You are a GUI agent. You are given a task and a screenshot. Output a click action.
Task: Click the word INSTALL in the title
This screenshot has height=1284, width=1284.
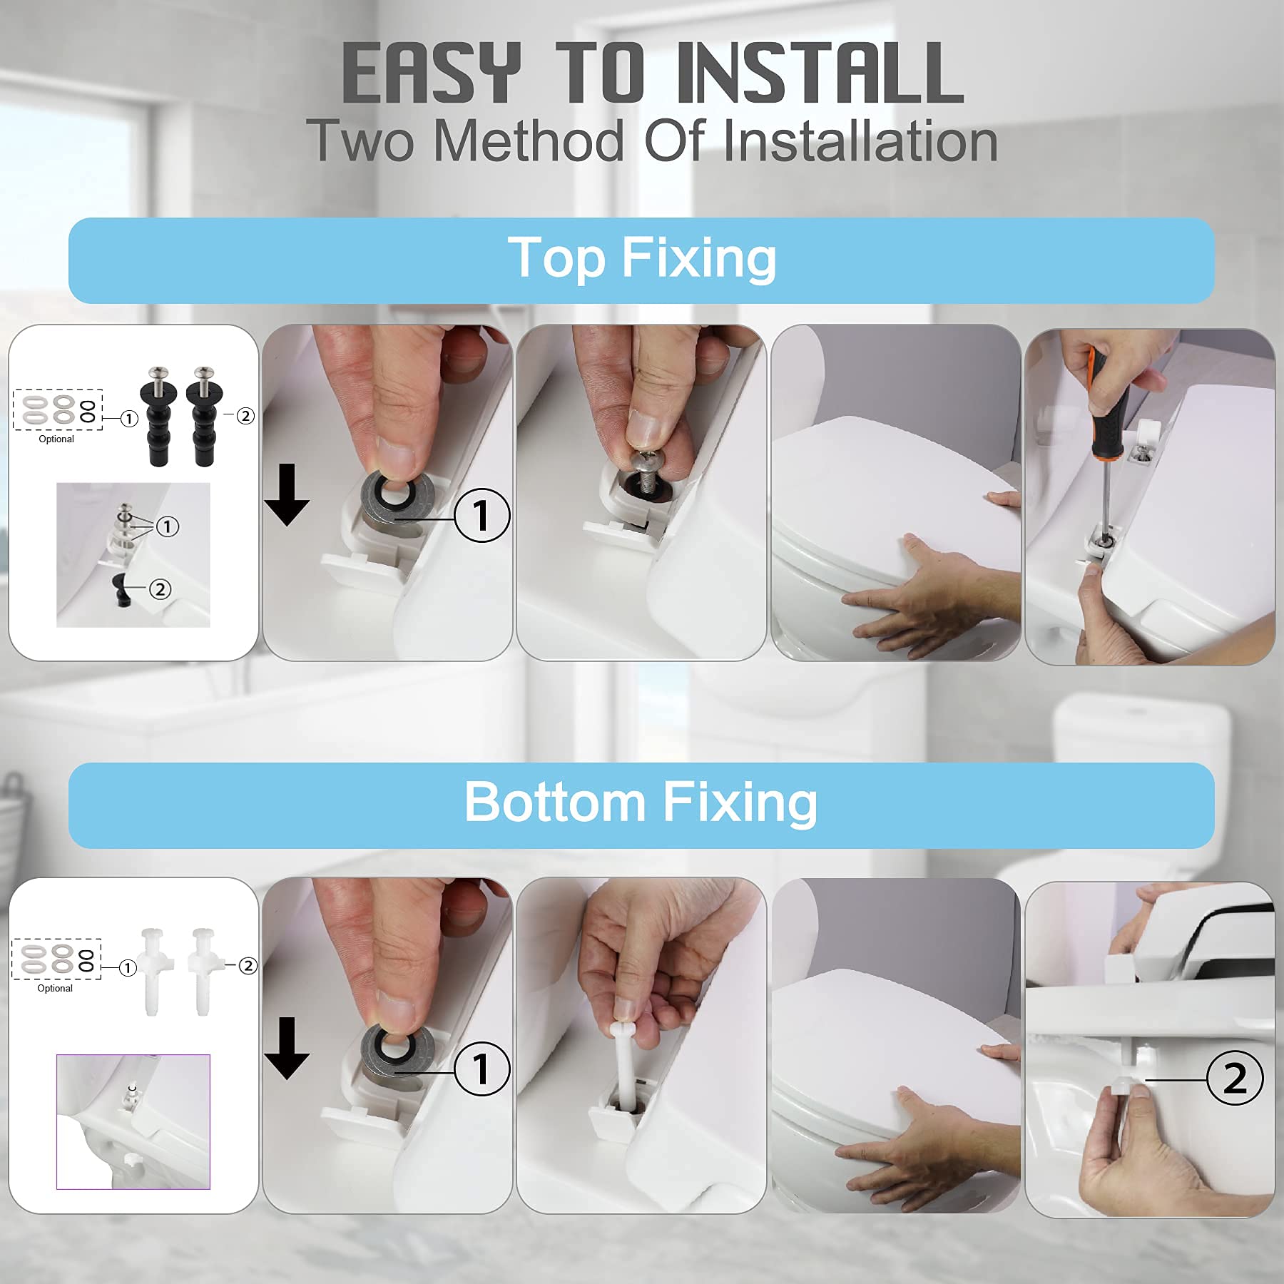pyautogui.click(x=820, y=73)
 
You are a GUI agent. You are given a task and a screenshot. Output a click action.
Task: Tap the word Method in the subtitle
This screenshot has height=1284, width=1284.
pyautogui.click(x=528, y=141)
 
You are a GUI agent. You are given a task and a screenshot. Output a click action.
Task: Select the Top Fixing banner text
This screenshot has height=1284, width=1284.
pyautogui.click(x=642, y=258)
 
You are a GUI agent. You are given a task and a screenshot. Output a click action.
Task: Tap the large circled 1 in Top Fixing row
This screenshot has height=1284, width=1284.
pyautogui.click(x=482, y=515)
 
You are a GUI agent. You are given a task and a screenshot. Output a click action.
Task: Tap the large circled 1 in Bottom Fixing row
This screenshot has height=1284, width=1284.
pyautogui.click(x=482, y=1069)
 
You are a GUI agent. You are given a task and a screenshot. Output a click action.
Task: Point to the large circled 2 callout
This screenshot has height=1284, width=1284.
pyautogui.click(x=1234, y=1078)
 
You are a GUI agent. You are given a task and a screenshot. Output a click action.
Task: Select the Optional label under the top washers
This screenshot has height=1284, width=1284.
pyautogui.click(x=56, y=439)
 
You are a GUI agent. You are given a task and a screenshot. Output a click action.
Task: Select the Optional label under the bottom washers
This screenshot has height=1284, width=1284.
pyautogui.click(x=55, y=989)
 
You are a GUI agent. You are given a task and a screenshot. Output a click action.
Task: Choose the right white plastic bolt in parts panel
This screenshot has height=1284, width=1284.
pyautogui.click(x=202, y=970)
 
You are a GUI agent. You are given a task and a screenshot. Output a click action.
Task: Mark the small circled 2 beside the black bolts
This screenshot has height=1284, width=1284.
pyautogui.click(x=245, y=416)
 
